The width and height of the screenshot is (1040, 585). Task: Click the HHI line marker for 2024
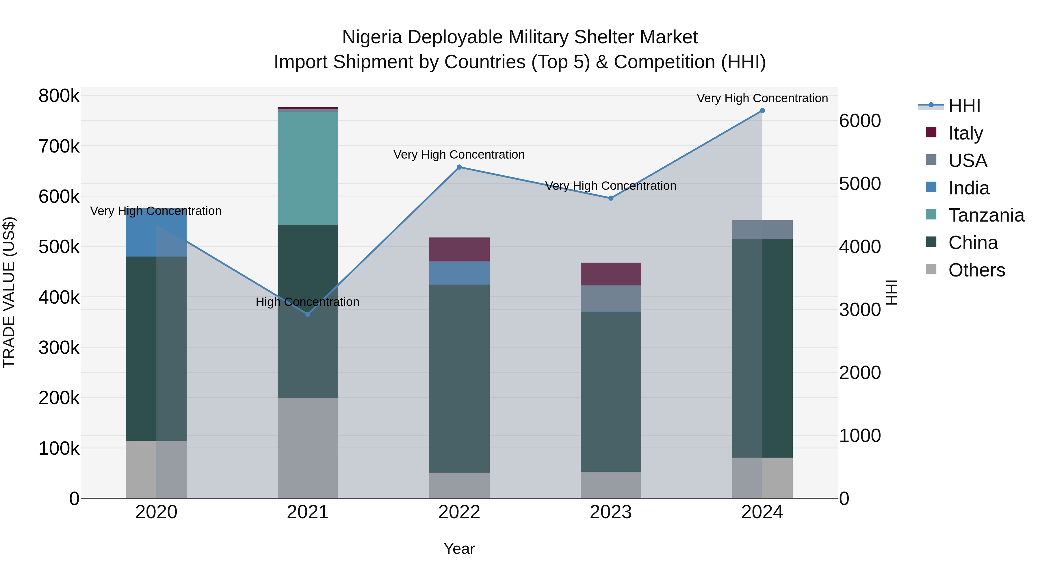click(x=762, y=111)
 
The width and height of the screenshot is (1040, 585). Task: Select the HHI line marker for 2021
click(x=308, y=314)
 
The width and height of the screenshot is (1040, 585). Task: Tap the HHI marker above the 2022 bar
click(x=459, y=167)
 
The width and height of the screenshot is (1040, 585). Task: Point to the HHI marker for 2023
click(x=610, y=198)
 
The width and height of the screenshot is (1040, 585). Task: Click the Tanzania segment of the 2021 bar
click(x=308, y=168)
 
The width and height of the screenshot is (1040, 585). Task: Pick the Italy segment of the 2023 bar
click(x=610, y=274)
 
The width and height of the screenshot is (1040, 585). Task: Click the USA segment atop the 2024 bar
click(x=762, y=229)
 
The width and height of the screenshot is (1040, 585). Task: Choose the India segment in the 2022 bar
click(x=459, y=273)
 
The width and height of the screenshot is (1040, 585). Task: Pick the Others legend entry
click(x=976, y=270)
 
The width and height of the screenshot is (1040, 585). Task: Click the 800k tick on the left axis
click(x=59, y=96)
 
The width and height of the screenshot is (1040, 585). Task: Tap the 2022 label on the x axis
click(x=459, y=512)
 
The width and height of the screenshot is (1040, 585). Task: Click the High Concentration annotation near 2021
click(x=307, y=302)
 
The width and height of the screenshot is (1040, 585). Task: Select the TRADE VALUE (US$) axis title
click(x=9, y=292)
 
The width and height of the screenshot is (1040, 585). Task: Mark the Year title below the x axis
click(x=459, y=549)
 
